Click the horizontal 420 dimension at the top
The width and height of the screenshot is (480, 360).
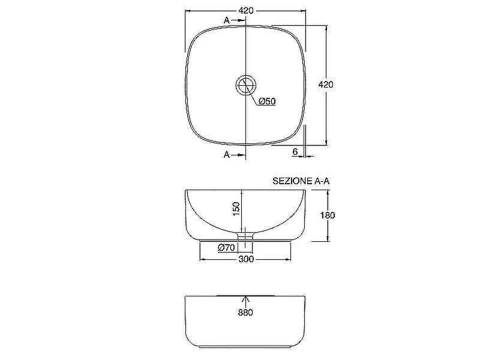pyautogui.click(x=246, y=11)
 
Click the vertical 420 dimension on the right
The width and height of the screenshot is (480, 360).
pyautogui.click(x=325, y=85)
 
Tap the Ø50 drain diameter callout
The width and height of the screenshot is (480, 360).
pyautogui.click(x=267, y=101)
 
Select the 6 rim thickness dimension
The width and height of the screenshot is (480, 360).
pyautogui.click(x=295, y=152)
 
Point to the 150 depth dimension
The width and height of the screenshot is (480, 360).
pyautogui.click(x=236, y=208)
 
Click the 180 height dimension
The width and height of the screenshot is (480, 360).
pyautogui.click(x=328, y=215)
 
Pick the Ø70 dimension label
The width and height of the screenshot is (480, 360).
pyautogui.click(x=226, y=247)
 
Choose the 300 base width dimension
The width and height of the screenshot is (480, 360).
pyautogui.click(x=246, y=259)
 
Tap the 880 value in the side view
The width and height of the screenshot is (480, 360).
pyautogui.click(x=245, y=313)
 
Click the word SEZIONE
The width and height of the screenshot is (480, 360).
pyautogui.click(x=292, y=181)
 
